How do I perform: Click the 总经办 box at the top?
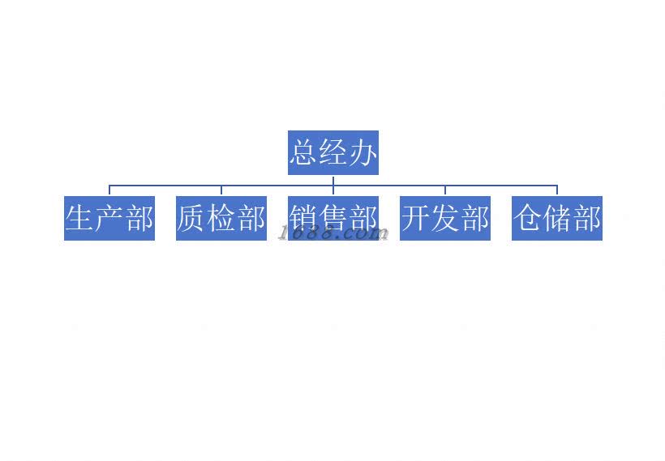332,152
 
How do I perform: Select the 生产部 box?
109,218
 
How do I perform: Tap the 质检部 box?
221,218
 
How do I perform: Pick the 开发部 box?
445,218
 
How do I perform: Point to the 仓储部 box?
557,218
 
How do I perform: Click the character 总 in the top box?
304,152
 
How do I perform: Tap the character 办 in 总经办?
363,152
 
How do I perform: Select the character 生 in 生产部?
80,218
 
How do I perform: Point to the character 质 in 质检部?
192,218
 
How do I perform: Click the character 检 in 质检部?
221,218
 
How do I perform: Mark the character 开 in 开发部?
416,218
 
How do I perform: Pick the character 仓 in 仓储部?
528,218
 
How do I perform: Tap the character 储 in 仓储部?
557,218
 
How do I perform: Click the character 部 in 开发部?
474,218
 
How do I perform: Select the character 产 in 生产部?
109,218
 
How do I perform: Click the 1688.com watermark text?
334,234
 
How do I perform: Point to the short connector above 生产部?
109,190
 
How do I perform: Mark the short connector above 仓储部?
557,190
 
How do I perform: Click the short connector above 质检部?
221,190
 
